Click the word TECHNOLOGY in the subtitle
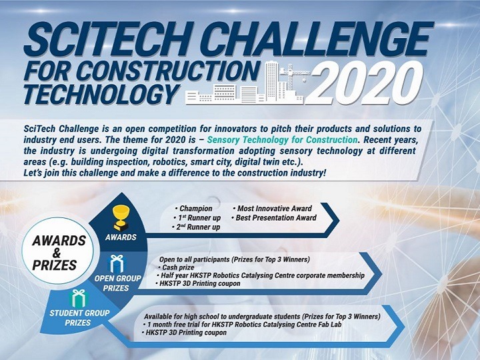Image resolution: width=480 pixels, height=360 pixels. (x=93, y=94)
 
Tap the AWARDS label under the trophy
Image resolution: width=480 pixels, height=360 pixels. (x=121, y=237)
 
